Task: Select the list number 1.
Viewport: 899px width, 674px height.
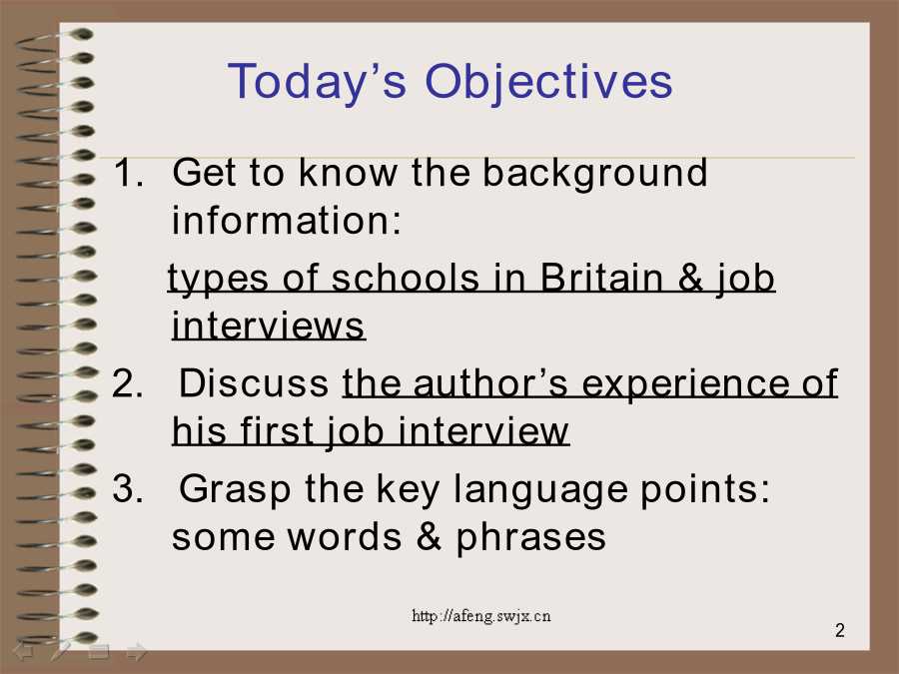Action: [x=128, y=172]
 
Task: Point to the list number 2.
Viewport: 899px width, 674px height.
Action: [x=128, y=382]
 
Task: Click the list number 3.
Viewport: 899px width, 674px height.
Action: [x=128, y=489]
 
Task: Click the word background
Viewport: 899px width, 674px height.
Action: [x=595, y=174]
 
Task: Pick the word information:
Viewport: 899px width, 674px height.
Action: [x=287, y=221]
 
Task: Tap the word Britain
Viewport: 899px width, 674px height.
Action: [x=601, y=279]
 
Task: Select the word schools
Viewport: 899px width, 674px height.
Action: [x=405, y=279]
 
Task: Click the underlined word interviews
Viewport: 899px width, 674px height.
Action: [x=269, y=327]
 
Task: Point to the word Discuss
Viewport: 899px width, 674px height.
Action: [x=254, y=382]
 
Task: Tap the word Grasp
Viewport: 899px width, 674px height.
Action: [x=235, y=490]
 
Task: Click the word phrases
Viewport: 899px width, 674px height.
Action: [x=531, y=539]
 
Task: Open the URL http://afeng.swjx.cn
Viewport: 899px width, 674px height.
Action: [x=481, y=616]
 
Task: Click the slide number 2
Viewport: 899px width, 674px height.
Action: [x=840, y=630]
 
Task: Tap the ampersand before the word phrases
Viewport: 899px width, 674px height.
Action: [x=429, y=537]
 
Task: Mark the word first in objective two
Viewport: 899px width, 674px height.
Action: [x=277, y=431]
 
